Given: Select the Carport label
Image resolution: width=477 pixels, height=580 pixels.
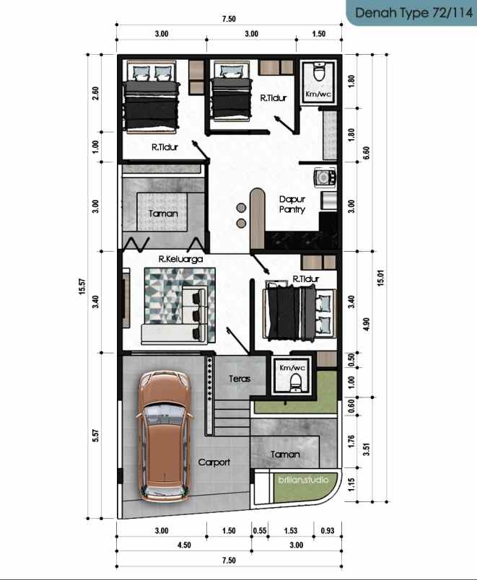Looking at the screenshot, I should click(x=214, y=462).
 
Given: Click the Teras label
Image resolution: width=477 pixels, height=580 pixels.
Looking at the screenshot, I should click(x=239, y=378).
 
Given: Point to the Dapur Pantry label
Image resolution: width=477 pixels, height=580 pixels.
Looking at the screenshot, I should click(x=292, y=204).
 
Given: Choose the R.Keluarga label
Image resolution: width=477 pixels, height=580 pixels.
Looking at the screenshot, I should click(x=180, y=258).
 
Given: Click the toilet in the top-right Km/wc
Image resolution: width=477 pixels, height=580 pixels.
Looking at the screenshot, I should click(x=319, y=74).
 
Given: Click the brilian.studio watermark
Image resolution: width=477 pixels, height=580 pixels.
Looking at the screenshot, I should click(x=303, y=480).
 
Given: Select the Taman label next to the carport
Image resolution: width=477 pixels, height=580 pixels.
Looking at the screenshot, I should click(x=285, y=454).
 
